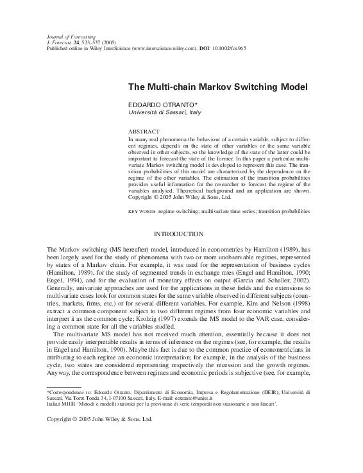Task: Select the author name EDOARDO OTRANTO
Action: click(156, 104)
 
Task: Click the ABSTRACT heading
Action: click(143, 131)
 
